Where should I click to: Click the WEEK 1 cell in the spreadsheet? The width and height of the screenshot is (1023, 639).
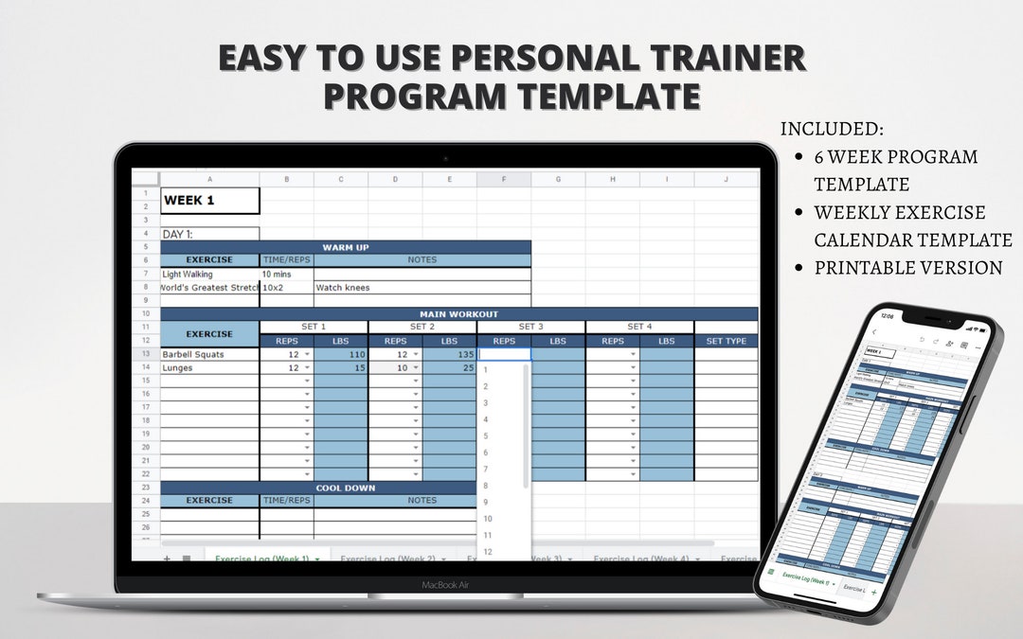coord(209,201)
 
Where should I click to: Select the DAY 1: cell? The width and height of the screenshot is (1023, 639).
coord(209,234)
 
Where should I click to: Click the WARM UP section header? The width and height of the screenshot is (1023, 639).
coord(346,247)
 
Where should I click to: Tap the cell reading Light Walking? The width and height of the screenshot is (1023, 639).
coord(209,274)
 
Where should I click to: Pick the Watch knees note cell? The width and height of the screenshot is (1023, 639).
coord(422,287)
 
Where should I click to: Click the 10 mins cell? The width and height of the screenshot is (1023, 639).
coord(286,274)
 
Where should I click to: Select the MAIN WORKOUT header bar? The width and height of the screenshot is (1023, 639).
coord(458,313)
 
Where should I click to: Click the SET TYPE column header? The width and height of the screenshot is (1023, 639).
coord(726,341)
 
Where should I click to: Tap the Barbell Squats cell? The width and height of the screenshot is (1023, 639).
coord(209,354)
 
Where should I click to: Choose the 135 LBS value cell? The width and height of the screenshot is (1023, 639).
coord(449,354)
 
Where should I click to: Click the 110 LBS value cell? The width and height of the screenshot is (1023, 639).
coord(341,354)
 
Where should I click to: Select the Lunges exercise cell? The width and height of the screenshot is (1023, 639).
coord(209,367)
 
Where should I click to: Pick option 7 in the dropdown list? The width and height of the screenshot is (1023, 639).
coord(486,469)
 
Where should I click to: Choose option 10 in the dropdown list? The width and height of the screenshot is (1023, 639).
coord(488,519)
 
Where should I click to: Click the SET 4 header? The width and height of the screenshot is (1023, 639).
coord(639,327)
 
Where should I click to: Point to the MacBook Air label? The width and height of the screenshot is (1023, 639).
coord(445,585)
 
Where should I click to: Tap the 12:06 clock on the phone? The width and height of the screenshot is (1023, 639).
coord(887,317)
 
